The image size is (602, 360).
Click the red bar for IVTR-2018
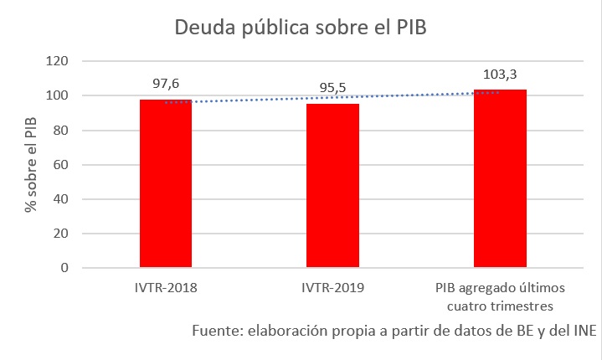pyautogui.click(x=166, y=183)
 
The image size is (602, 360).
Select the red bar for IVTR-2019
pyautogui.click(x=333, y=186)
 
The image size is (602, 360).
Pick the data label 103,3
pyautogui.click(x=500, y=73)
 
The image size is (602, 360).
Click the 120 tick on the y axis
pyautogui.click(x=56, y=61)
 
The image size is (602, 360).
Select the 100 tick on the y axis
pyautogui.click(x=56, y=95)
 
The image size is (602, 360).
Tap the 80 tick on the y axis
pyautogui.click(x=59, y=130)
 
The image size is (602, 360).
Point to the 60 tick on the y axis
pyautogui.click(x=59, y=165)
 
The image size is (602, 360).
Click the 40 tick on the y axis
pyautogui.click(x=59, y=199)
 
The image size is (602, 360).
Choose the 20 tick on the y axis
pyautogui.click(x=59, y=234)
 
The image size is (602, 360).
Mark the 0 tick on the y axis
pyautogui.click(x=63, y=268)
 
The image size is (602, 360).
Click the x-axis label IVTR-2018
pyautogui.click(x=166, y=288)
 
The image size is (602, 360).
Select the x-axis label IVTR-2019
pyautogui.click(x=333, y=288)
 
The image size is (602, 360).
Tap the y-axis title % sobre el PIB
pyautogui.click(x=31, y=165)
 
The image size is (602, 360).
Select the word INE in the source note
pyautogui.click(x=581, y=330)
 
